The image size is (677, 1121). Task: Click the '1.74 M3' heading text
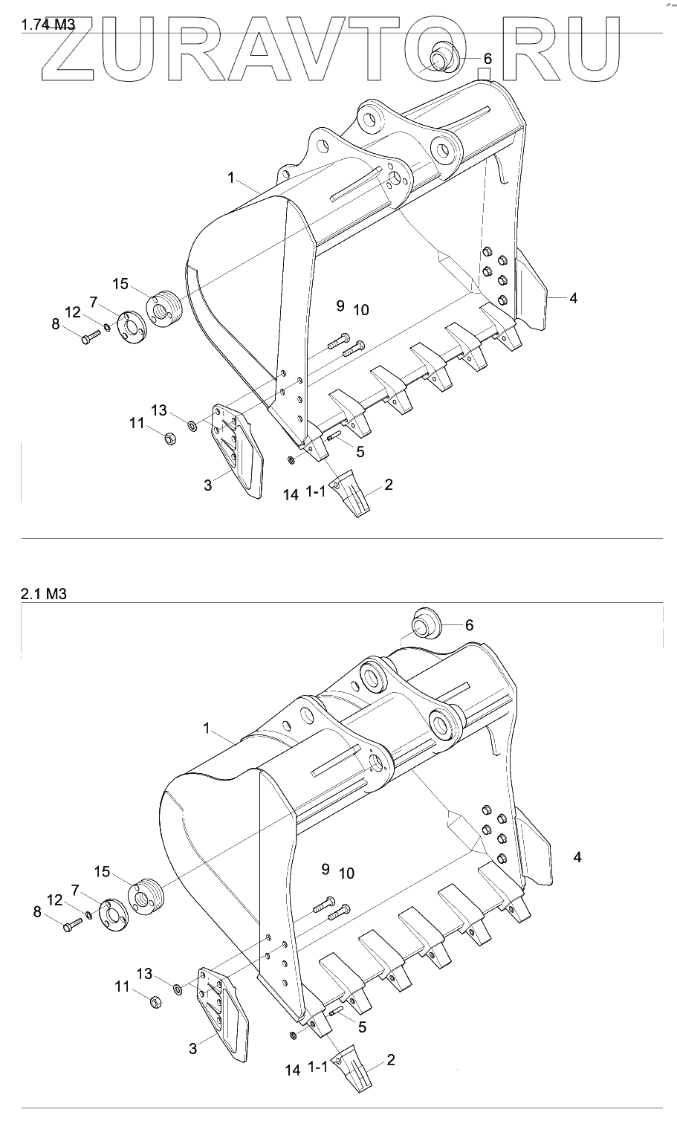point(48,25)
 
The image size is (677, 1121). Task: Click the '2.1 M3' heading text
point(44,594)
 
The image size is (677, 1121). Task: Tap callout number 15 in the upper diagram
point(120,284)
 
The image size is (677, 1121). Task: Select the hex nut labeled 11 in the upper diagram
point(170,439)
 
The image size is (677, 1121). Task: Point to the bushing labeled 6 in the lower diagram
point(426,624)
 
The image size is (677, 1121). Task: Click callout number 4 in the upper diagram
point(574,298)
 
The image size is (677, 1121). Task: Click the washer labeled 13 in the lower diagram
point(178,989)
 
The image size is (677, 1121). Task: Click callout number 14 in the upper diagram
point(291,495)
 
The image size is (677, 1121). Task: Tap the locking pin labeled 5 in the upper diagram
point(334,436)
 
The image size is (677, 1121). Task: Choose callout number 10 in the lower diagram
point(347,873)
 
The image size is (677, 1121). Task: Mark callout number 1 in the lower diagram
point(206,729)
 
